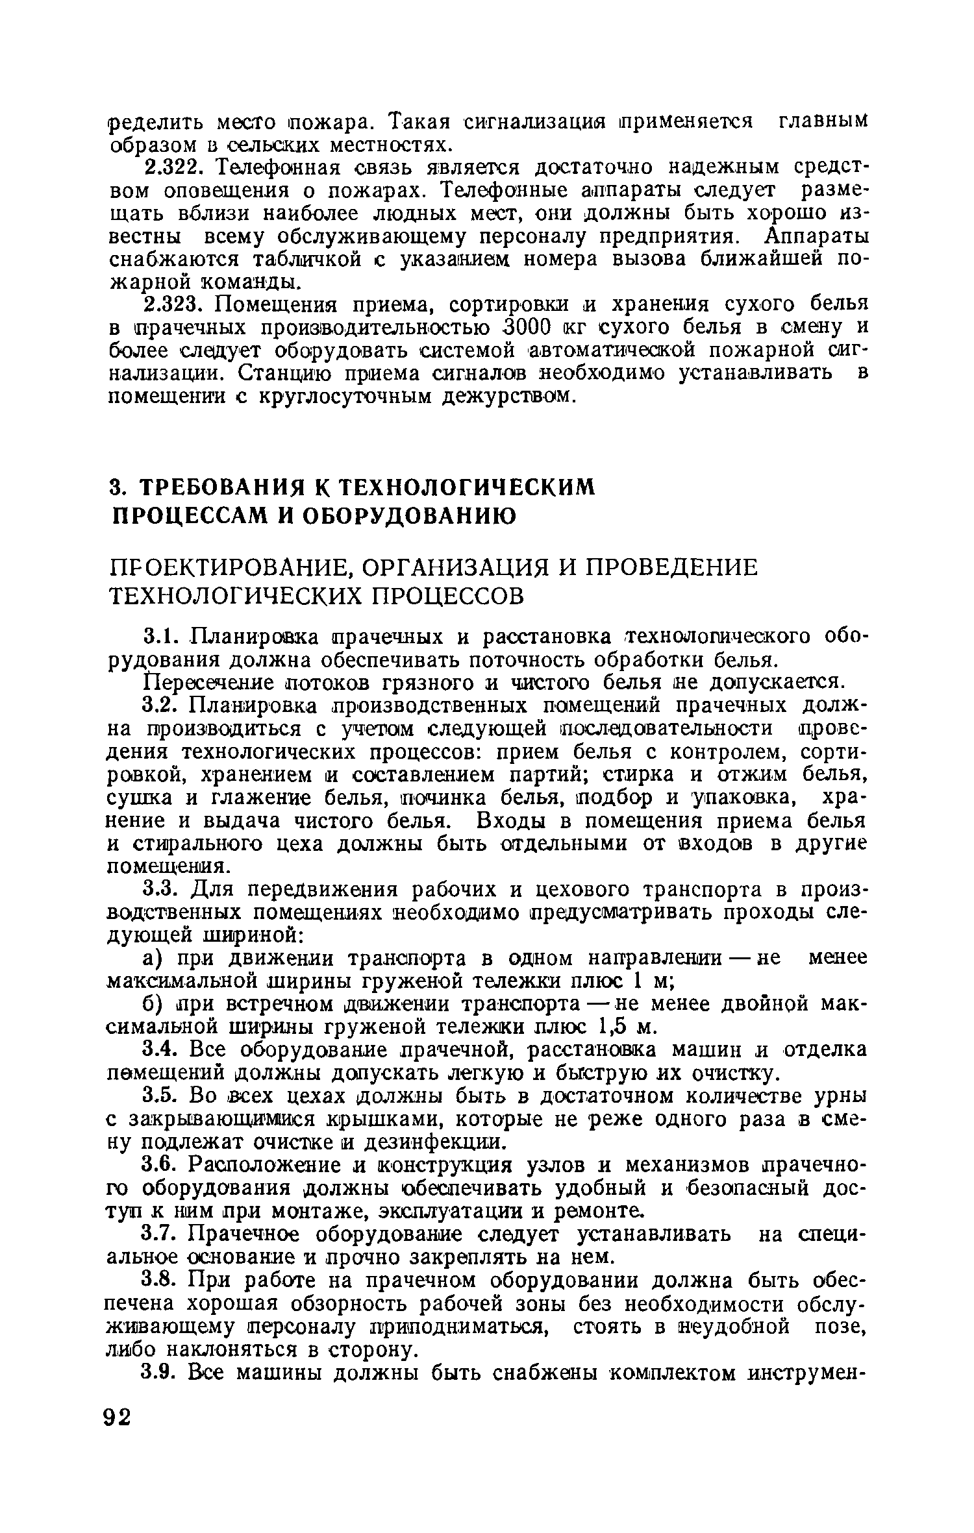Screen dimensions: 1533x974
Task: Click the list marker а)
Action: [x=153, y=959]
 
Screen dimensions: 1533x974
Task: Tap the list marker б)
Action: [x=153, y=1004]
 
